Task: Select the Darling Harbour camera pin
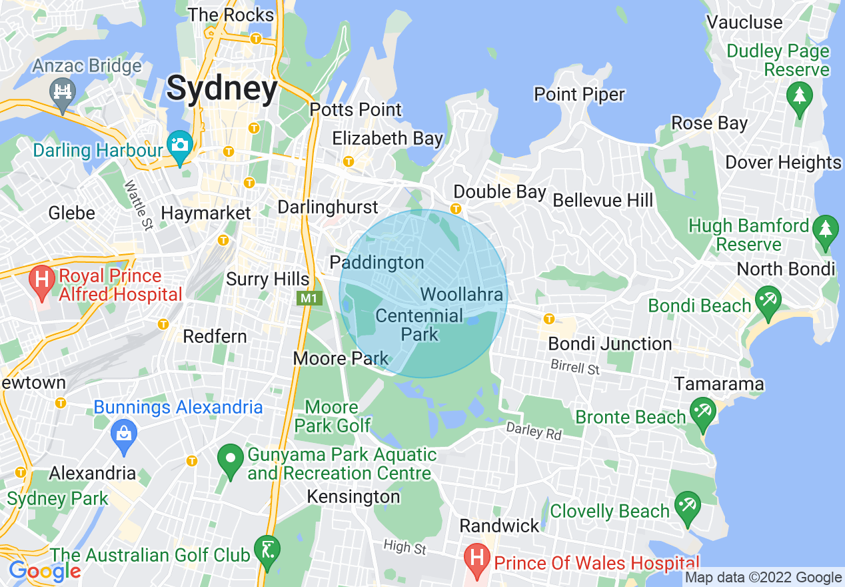click(x=180, y=145)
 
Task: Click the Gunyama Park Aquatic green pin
click(x=231, y=460)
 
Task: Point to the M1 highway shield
click(x=309, y=298)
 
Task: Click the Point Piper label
click(x=579, y=95)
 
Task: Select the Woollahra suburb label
click(x=462, y=293)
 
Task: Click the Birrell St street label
click(x=575, y=367)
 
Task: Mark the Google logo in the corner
click(x=45, y=571)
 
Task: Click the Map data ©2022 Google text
click(x=764, y=578)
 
